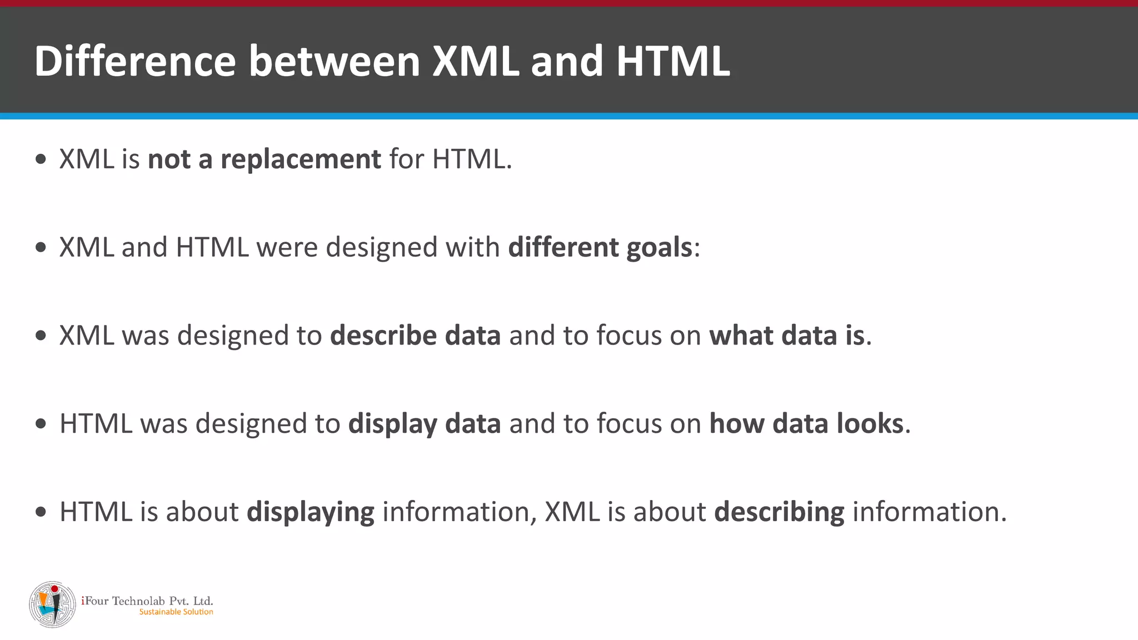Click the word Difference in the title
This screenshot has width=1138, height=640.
click(135, 61)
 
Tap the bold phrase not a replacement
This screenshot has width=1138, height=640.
click(264, 159)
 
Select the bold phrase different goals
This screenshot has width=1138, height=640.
click(600, 248)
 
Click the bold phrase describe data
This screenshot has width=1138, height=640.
click(415, 336)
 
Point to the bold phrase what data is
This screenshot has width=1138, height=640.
click(787, 336)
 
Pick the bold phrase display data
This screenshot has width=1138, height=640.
click(425, 424)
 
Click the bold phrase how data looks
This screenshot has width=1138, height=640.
click(806, 424)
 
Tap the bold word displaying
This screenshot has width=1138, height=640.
click(310, 512)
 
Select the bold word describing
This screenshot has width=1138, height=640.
click(779, 512)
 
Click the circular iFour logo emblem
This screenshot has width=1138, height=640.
click(52, 604)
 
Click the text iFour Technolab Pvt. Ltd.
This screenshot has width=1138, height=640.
click(147, 601)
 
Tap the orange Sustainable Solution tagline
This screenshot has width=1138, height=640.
click(176, 612)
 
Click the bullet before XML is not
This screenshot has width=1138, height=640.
click(41, 160)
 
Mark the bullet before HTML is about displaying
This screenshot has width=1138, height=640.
click(41, 512)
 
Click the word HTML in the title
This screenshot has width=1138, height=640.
click(673, 61)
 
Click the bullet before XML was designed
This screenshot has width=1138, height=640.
click(41, 336)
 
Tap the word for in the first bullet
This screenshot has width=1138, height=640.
click(406, 159)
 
